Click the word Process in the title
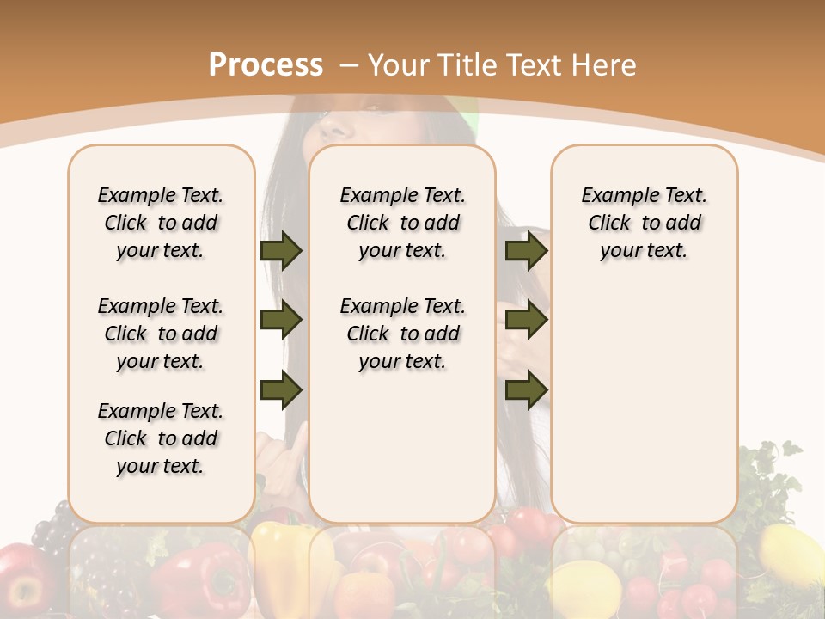(x=266, y=64)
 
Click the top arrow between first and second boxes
(x=281, y=250)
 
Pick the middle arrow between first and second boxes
(x=281, y=321)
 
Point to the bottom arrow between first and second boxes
(x=281, y=389)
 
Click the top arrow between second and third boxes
(x=526, y=250)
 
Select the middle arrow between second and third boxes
(x=526, y=321)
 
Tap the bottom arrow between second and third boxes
(x=526, y=389)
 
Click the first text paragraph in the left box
(x=161, y=223)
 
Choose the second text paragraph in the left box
(x=161, y=334)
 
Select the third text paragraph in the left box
(x=161, y=438)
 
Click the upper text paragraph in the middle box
(x=402, y=223)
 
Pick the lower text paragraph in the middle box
(x=402, y=334)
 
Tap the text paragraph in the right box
(x=645, y=223)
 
